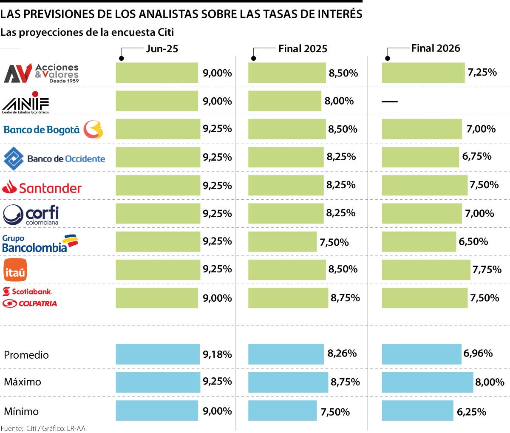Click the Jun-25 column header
(x=161, y=48)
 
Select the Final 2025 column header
(x=303, y=48)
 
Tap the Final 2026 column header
(x=435, y=48)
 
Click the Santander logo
(x=42, y=187)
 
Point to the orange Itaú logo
(x=15, y=270)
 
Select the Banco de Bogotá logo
(x=53, y=130)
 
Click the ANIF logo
(x=25, y=102)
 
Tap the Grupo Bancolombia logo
(x=40, y=243)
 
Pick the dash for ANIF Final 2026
(x=389, y=102)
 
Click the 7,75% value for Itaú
(x=487, y=269)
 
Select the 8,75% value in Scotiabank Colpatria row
(x=345, y=298)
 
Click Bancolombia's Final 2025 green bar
(x=282, y=241)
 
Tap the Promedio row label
(x=26, y=355)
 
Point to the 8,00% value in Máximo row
(x=490, y=382)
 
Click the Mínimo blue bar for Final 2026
(x=417, y=410)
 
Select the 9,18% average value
(x=217, y=354)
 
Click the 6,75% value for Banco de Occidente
(x=476, y=156)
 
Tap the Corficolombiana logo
(x=31, y=215)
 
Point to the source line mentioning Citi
(x=43, y=428)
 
